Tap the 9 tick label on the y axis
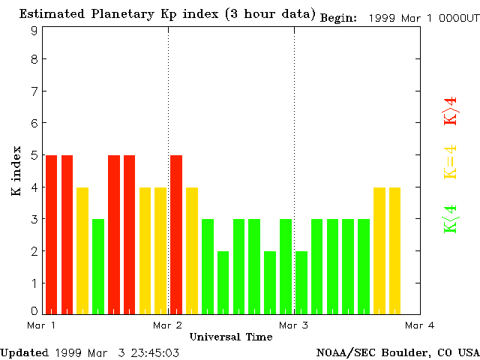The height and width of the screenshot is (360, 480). click(34, 31)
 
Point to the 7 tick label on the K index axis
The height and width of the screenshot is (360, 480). click(34, 91)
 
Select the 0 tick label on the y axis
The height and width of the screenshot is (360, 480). click(34, 310)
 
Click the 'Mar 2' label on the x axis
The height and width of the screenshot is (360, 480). click(168, 325)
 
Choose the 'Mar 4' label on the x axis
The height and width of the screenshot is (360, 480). click(419, 325)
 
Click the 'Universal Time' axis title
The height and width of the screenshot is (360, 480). click(231, 337)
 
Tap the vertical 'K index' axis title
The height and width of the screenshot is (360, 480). click(16, 172)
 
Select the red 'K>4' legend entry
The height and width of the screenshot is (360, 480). click(451, 112)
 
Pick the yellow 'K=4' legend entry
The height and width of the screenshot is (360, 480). click(451, 162)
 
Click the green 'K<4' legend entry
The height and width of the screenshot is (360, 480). click(451, 219)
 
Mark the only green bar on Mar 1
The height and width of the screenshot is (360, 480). click(98, 265)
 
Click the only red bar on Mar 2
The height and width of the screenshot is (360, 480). click(176, 234)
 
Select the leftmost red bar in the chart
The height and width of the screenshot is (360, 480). click(52, 234)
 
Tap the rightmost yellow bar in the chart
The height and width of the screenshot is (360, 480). click(394, 250)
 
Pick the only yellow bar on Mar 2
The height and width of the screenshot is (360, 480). click(192, 250)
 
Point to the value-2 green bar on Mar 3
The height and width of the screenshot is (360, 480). click(301, 282)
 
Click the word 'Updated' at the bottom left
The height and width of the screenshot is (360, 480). click(24, 352)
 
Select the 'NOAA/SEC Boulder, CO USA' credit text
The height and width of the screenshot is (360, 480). click(397, 352)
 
